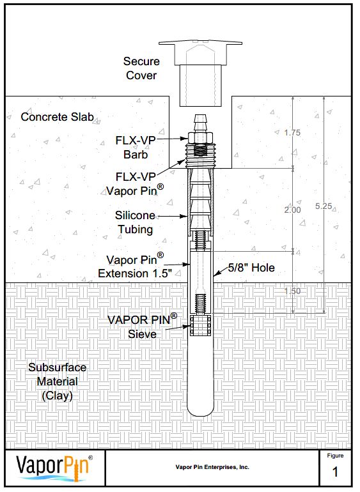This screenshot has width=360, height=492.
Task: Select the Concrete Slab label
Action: click(57, 117)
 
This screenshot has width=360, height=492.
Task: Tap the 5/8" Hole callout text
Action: click(253, 268)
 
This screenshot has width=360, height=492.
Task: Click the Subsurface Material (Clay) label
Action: click(58, 381)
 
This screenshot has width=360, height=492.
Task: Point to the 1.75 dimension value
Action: click(292, 133)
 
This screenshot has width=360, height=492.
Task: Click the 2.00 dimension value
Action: click(292, 210)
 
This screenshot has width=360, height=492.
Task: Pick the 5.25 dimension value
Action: click(324, 206)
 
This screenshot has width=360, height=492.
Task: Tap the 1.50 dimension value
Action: click(292, 291)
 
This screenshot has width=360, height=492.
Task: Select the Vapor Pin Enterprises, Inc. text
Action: click(212, 467)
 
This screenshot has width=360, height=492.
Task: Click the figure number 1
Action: click(335, 473)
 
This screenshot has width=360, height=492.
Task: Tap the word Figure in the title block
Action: click(335, 456)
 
